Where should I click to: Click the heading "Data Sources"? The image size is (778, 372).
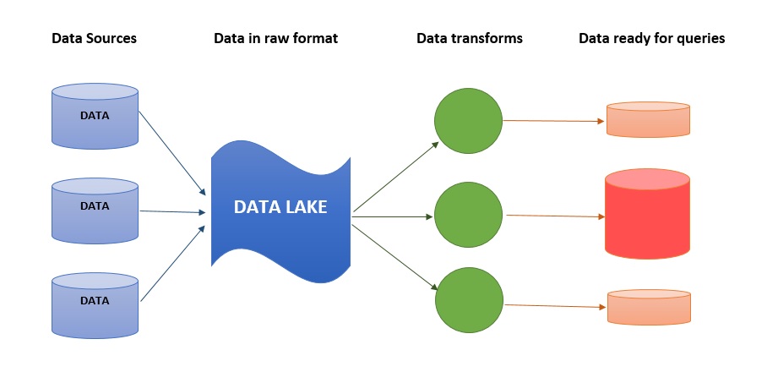tap(94, 38)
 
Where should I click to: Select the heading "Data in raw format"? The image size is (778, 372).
tap(276, 38)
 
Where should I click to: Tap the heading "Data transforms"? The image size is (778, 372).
tap(470, 38)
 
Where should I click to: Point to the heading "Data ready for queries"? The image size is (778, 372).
tap(651, 38)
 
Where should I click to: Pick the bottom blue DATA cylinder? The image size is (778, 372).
tap(95, 303)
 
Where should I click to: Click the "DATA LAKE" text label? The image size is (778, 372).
tap(280, 207)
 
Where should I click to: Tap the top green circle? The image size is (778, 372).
tap(469, 120)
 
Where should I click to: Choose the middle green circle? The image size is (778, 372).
tap(469, 216)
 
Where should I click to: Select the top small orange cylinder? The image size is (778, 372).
tap(649, 120)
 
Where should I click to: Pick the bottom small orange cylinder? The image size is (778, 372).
tap(649, 307)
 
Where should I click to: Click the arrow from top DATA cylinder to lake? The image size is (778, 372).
tap(171, 152)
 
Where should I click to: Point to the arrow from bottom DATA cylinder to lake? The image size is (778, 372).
tap(171, 263)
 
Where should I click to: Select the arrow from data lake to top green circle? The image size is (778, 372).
tap(395, 177)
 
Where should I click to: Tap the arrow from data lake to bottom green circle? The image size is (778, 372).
tap(395, 254)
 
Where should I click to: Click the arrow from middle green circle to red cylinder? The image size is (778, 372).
tap(555, 216)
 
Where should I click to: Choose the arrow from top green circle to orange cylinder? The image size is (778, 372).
tap(554, 121)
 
